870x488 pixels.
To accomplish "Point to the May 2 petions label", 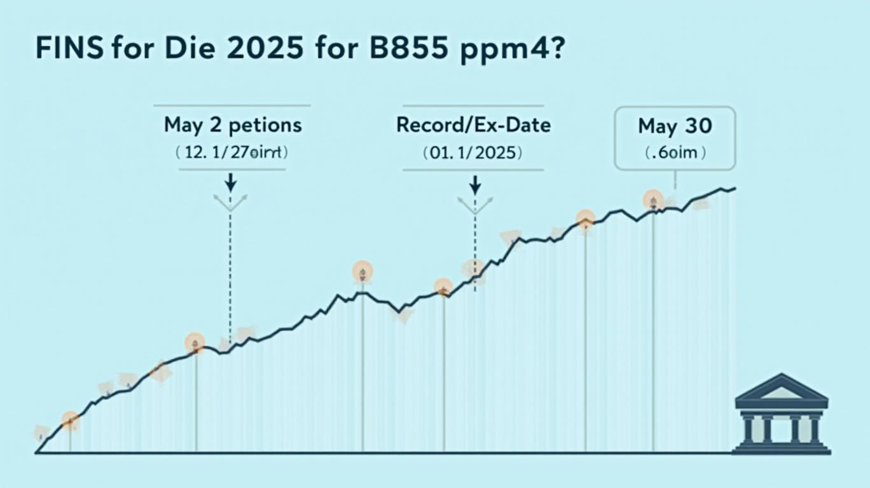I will (x=233, y=125).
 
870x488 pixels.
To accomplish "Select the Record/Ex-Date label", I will (x=473, y=125).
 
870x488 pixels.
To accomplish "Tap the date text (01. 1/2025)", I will (x=473, y=152).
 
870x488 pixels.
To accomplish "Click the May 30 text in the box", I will (x=674, y=126).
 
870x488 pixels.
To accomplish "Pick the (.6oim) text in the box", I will (x=674, y=153).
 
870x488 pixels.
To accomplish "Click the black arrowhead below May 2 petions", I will (x=231, y=186).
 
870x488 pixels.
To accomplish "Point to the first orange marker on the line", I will (x=70, y=419).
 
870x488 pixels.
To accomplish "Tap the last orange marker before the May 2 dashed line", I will (x=195, y=344).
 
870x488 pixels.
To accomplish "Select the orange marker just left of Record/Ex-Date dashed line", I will (x=443, y=287).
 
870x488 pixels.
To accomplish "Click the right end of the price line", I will (x=735, y=188).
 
